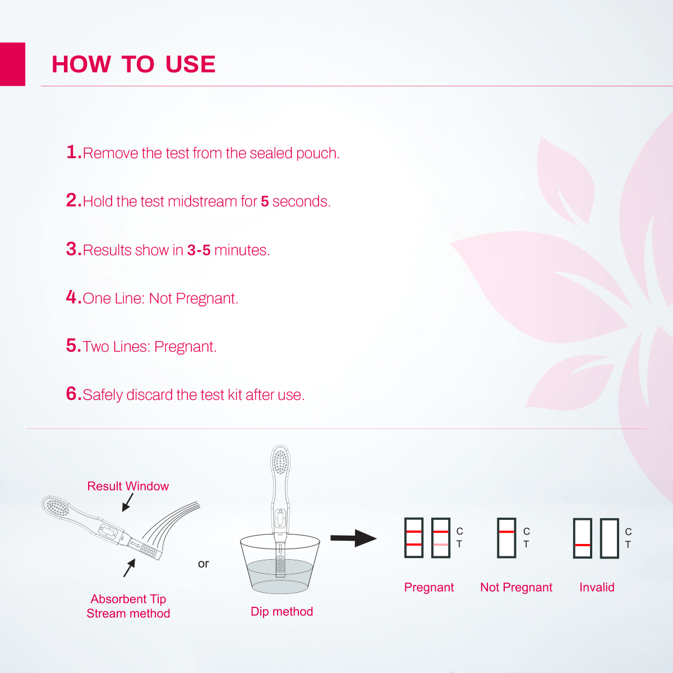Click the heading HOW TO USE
click(133, 64)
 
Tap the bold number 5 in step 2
click(265, 201)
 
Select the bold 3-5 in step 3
click(199, 250)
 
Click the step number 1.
click(73, 152)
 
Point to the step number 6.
click(73, 394)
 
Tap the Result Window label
click(128, 486)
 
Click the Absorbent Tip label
click(128, 599)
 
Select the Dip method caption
click(282, 611)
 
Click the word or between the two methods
click(203, 564)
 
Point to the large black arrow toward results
click(353, 538)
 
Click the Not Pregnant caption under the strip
click(516, 587)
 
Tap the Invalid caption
click(597, 587)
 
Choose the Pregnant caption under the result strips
click(429, 587)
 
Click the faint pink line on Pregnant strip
click(441, 545)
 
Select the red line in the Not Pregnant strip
click(506, 532)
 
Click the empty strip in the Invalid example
click(609, 538)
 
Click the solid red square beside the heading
click(12, 64)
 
